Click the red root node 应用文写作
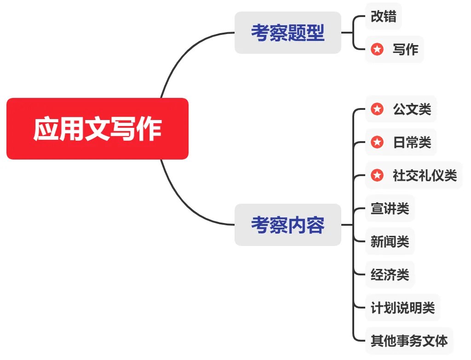[98, 129]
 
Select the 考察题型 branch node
[287, 33]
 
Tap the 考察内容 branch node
[287, 225]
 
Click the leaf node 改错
[383, 17]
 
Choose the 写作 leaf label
[405, 49]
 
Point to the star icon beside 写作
[377, 49]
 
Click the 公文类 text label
[412, 109]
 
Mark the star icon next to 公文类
[377, 109]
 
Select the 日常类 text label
[412, 143]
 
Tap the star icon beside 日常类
[377, 143]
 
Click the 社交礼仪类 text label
[425, 175]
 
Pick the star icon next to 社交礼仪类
[377, 175]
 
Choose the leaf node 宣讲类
[390, 208]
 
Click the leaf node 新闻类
[390, 241]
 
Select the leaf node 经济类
[390, 274]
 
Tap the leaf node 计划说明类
[402, 308]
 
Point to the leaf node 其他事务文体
[409, 341]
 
